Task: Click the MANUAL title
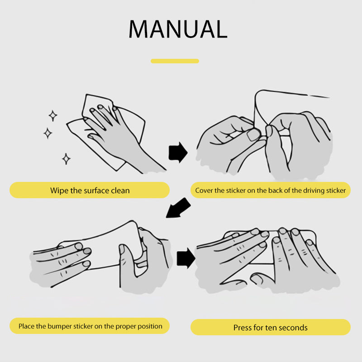(178, 29)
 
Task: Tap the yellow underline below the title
(175, 61)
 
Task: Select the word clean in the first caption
(120, 191)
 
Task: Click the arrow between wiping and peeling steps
(178, 152)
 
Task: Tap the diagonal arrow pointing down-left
(178, 208)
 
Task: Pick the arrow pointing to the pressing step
(186, 258)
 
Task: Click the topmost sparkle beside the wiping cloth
(53, 115)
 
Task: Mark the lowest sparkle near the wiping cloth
(66, 159)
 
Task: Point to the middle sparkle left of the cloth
(48, 133)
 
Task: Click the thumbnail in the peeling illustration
(253, 135)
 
